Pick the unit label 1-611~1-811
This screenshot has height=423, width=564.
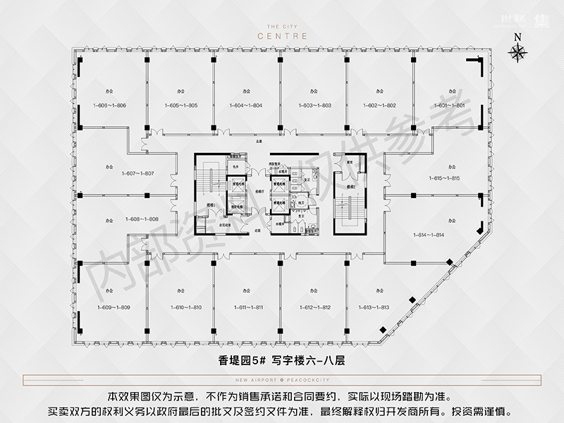point(247,307)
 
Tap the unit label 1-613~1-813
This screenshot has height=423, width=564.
point(379,307)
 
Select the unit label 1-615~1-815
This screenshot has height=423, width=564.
point(443,178)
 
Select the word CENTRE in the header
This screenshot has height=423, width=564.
point(282,34)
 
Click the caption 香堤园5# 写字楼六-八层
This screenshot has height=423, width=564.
point(281,360)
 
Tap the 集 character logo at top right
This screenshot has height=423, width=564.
point(538,22)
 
